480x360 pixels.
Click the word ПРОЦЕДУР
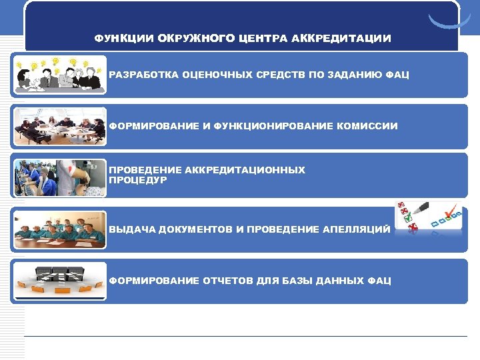click(137, 180)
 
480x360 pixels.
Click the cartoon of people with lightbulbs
click(59, 74)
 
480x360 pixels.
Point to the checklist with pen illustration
click(427, 219)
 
